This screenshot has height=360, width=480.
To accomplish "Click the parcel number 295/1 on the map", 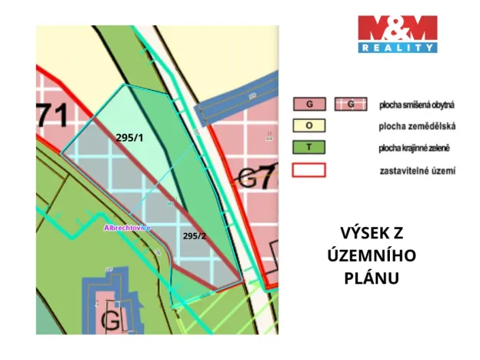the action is [x=128, y=137].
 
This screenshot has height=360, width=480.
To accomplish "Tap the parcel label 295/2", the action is [x=195, y=235].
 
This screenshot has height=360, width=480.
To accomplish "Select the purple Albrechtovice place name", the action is [x=128, y=228].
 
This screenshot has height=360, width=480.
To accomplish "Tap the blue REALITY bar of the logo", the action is [x=398, y=48].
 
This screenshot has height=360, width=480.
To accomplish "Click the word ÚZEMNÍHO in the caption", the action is [x=372, y=255].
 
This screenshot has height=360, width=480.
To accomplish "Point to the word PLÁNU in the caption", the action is [x=372, y=277].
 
